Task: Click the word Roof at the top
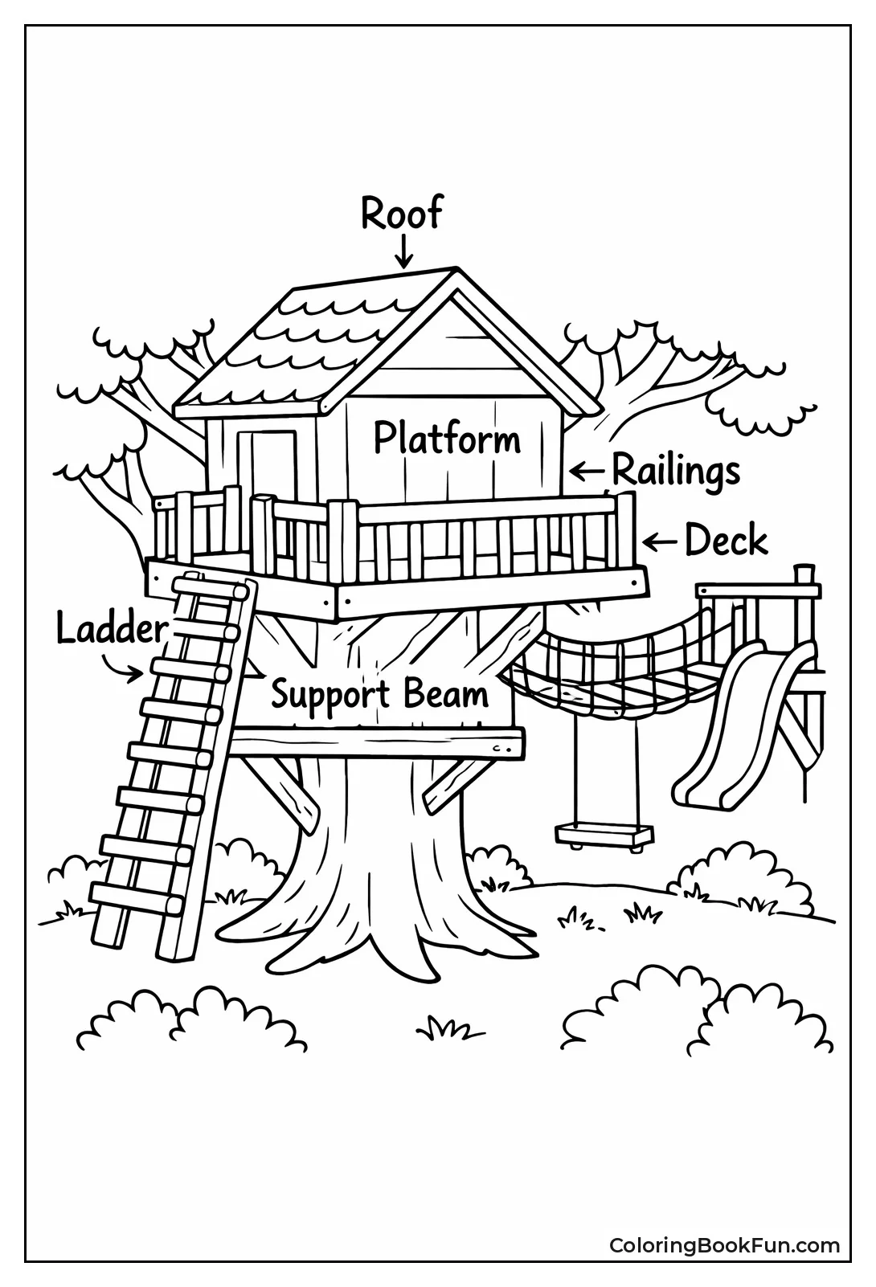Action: point(401,214)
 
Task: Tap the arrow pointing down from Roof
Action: point(403,250)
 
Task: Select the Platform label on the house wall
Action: point(447,439)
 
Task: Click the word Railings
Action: point(676,472)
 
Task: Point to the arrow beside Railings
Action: point(586,470)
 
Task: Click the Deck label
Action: point(726,541)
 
